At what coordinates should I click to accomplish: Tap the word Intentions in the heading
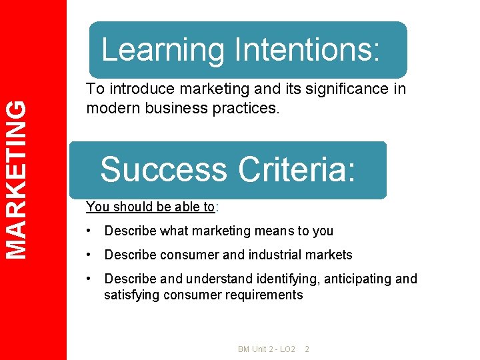[x=307, y=50]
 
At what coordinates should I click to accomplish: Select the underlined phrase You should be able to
[x=151, y=207]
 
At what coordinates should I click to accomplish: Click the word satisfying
[x=129, y=295]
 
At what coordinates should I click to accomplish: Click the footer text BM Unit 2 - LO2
[x=266, y=349]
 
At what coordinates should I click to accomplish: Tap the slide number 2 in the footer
[x=307, y=349]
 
